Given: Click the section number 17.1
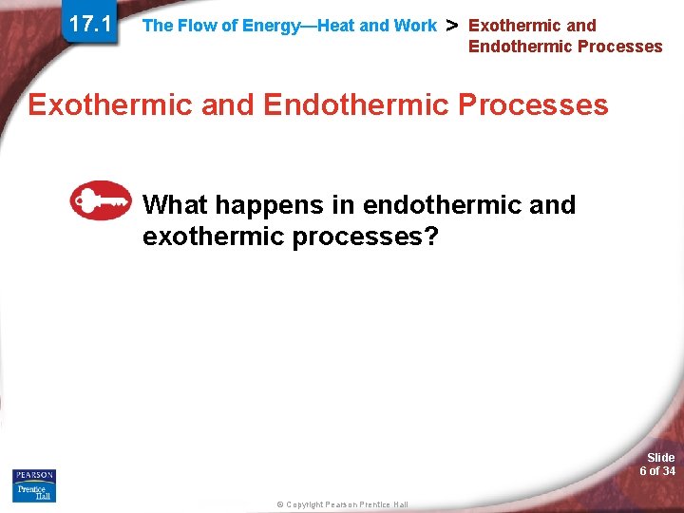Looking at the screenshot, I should pyautogui.click(x=88, y=25).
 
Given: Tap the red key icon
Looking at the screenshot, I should pyautogui.click(x=100, y=200).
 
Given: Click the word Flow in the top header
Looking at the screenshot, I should pyautogui.click(x=197, y=26).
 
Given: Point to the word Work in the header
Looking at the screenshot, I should pyautogui.click(x=414, y=26).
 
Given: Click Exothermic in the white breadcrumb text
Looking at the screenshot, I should pyautogui.click(x=514, y=26).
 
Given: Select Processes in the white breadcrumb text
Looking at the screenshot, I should pyautogui.click(x=620, y=47).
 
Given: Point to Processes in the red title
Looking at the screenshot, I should pyautogui.click(x=533, y=104).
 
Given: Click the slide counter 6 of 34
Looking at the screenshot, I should pyautogui.click(x=657, y=471).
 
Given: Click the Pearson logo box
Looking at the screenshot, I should pyautogui.click(x=33, y=475).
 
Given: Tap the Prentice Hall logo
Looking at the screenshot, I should pyautogui.click(x=33, y=492).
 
